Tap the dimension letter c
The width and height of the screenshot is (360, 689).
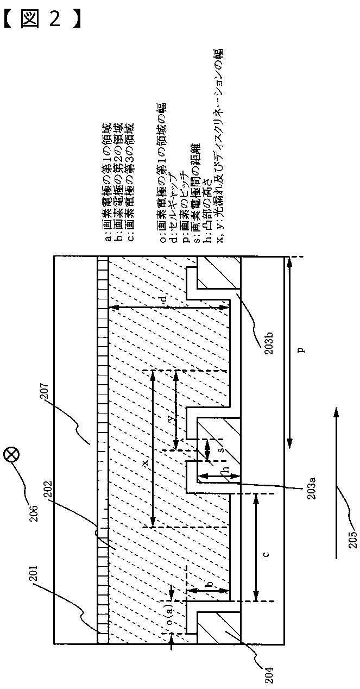click(266, 553)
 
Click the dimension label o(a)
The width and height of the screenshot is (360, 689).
click(169, 617)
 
